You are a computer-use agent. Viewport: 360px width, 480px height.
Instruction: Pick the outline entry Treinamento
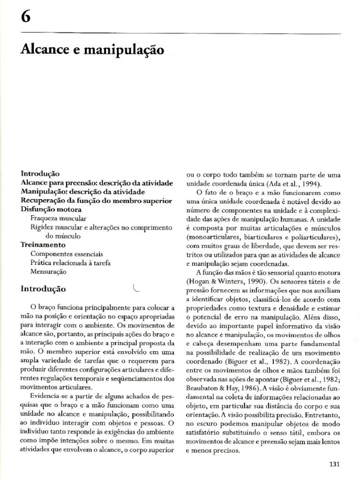point(43,245)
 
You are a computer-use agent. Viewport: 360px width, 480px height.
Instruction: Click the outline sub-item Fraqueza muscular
point(58,218)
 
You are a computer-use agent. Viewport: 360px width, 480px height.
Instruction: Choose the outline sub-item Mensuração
point(48,271)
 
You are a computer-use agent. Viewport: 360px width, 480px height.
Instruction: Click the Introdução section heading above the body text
point(43,289)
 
